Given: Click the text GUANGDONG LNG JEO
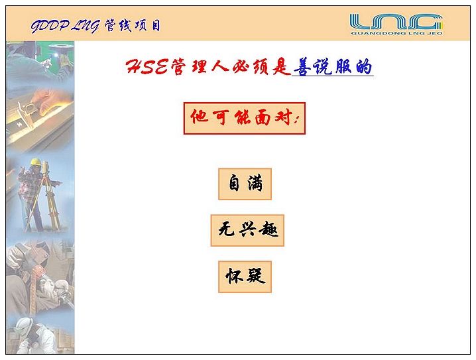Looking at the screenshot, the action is [396, 33].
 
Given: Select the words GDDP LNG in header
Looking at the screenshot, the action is [65, 26].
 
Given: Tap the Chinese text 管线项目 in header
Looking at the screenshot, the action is [133, 25].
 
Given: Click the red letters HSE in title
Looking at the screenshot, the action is [147, 66].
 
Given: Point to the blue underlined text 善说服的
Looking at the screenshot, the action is [333, 67].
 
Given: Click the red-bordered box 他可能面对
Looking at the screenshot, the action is [245, 118].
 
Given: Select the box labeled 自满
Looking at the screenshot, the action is [245, 184].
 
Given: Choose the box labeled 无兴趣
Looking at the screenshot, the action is [247, 231].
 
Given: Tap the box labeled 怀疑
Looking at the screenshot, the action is [245, 276].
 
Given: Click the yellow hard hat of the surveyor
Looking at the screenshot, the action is [35, 162].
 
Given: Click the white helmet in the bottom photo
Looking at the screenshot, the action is [23, 326].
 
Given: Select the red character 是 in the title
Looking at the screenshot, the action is [281, 67].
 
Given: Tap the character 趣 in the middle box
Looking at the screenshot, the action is [268, 229].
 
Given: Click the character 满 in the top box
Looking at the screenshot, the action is [255, 183].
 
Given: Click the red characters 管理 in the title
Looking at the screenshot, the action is [190, 67].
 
